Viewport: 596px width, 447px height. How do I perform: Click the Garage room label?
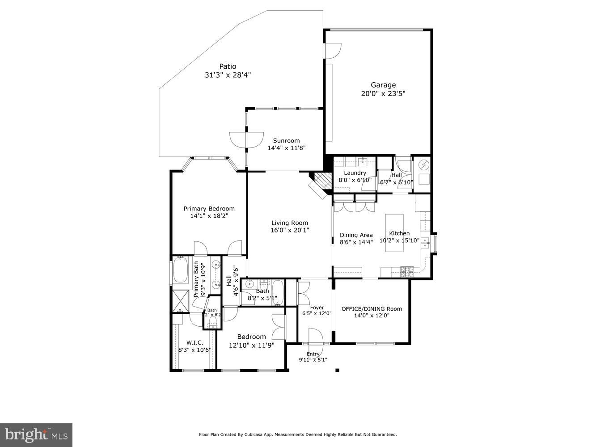click(383, 85)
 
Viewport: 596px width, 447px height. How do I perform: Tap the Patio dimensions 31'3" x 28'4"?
click(228, 75)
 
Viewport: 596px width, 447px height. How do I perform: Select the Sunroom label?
click(286, 140)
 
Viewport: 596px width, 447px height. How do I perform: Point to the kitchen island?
click(394, 232)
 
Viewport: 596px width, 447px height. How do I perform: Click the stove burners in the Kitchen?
click(406, 270)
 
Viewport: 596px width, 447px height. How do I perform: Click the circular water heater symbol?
click(423, 165)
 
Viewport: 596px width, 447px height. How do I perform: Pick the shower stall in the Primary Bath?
click(180, 300)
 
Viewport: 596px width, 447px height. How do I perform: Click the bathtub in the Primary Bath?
click(181, 270)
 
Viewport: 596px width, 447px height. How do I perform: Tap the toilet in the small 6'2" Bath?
click(212, 321)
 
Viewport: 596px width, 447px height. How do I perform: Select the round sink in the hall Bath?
click(249, 284)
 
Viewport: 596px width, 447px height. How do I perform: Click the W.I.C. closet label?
click(194, 342)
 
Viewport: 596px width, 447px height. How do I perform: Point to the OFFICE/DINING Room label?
click(372, 308)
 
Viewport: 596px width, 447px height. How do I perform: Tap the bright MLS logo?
click(36, 434)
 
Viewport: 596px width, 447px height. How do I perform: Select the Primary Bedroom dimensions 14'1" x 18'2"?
click(209, 216)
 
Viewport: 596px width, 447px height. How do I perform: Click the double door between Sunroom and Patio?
click(246, 139)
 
